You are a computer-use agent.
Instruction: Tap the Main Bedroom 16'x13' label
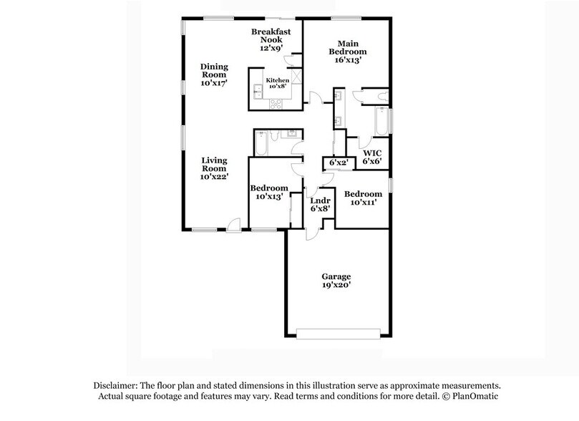tap(347, 52)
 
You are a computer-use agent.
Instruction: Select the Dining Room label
tap(213, 74)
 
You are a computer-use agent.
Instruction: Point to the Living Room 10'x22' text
tap(214, 168)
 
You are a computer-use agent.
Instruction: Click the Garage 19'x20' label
tap(336, 280)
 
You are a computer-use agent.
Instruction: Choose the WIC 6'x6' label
tap(372, 158)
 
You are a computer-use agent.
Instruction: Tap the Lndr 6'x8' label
tap(320, 205)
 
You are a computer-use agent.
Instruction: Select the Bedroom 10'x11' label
tap(362, 198)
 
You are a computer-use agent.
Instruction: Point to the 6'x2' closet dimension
tap(338, 163)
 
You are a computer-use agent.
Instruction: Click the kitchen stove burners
tap(275, 104)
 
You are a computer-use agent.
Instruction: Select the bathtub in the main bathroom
tap(381, 122)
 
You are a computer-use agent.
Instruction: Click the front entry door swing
tap(232, 223)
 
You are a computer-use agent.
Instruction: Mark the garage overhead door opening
tap(339, 333)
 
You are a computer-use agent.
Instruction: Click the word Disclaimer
tap(115, 384)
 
